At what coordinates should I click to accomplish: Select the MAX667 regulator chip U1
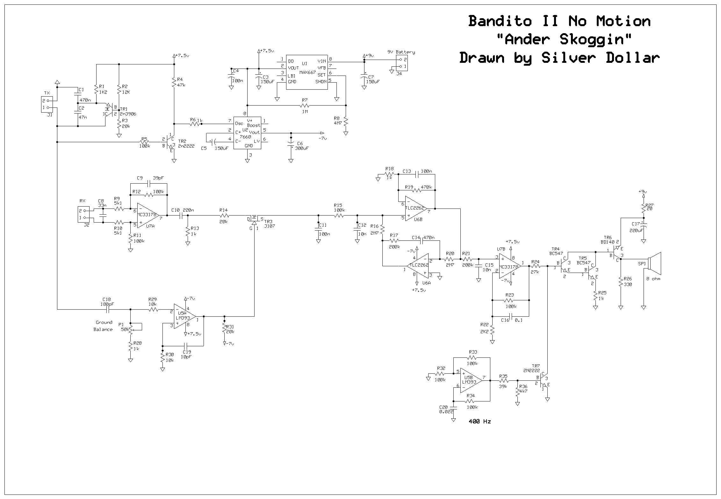point(306,72)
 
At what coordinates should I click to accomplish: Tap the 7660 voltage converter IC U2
point(247,132)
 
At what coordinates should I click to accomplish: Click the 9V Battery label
point(401,52)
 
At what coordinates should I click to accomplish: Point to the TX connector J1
point(46,105)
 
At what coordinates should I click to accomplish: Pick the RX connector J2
point(83,214)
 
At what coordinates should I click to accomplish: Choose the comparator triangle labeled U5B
point(471,380)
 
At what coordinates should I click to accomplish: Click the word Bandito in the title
point(500,21)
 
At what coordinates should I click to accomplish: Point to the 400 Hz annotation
point(479,422)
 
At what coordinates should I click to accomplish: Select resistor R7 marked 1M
point(305,105)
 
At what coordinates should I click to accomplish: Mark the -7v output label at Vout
point(322,138)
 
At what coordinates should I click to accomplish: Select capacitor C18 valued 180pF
point(108,309)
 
